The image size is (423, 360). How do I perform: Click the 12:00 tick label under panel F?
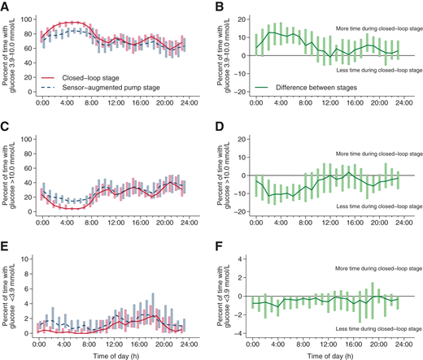(x=332, y=343)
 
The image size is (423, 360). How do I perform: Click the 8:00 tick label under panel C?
(x=91, y=222)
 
